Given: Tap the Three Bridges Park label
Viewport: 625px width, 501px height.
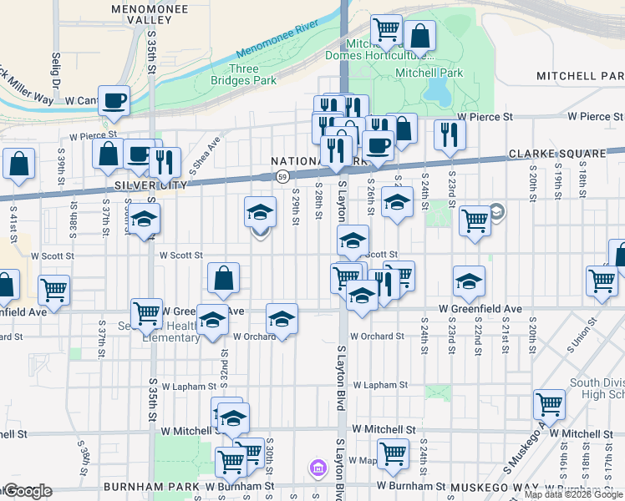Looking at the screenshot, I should [252, 75].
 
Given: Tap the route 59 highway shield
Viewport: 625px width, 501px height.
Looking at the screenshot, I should [283, 176].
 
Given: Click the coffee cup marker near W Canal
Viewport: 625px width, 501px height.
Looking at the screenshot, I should [114, 100].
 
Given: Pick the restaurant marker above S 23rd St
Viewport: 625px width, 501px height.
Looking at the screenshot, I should [450, 134].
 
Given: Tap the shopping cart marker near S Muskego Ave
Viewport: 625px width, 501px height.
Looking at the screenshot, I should [549, 404].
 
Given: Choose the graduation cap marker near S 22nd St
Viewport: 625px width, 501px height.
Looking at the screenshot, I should [470, 281].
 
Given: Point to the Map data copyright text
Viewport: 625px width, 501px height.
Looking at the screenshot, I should [574, 494].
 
